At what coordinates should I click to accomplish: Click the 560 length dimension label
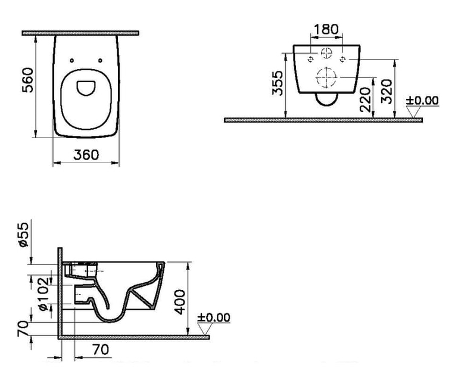(x=28, y=80)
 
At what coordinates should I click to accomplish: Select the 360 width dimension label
(x=86, y=155)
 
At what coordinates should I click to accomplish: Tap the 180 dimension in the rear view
(x=326, y=29)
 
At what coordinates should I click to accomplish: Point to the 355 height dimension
(x=278, y=83)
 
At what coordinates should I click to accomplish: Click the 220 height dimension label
(x=365, y=99)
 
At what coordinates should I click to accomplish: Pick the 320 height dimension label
(x=387, y=91)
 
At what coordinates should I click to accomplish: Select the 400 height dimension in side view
(x=180, y=302)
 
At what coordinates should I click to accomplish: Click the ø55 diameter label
(x=24, y=235)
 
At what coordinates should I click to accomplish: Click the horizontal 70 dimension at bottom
(x=101, y=350)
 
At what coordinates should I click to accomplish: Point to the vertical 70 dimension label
(x=23, y=329)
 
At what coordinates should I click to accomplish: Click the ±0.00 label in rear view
(x=422, y=101)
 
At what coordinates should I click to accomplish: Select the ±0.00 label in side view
(x=214, y=317)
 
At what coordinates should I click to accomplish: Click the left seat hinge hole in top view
(x=72, y=60)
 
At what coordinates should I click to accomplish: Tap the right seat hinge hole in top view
(x=101, y=60)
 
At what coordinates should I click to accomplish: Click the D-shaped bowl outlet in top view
(x=86, y=88)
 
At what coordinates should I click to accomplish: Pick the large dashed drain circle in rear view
(x=327, y=77)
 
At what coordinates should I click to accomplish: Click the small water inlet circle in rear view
(x=327, y=53)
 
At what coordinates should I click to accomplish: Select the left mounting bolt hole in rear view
(x=310, y=59)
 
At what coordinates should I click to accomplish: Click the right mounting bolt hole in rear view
(x=342, y=59)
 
